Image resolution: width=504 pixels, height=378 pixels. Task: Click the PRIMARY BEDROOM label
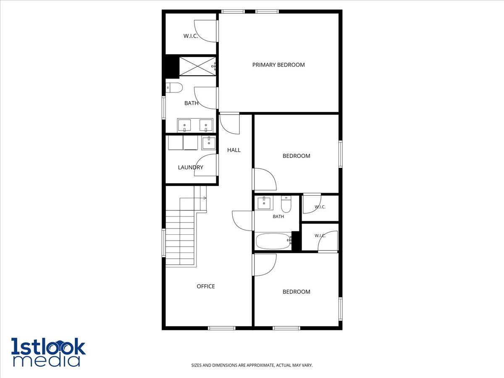[x=278, y=65]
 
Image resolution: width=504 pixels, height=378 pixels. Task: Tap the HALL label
[x=234, y=150]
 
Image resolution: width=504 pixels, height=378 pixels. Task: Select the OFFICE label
[x=206, y=286]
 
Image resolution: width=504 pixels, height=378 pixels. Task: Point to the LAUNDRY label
[x=190, y=168]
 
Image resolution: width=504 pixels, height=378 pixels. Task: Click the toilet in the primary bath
[x=174, y=88]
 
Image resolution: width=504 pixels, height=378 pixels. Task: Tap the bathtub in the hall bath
[x=273, y=241]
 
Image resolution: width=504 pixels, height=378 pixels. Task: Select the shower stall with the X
[x=198, y=66]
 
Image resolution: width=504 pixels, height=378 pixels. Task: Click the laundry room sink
[x=209, y=143]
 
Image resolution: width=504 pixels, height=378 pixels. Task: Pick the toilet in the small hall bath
[x=286, y=204]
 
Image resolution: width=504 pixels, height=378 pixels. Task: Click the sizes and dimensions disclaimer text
[x=252, y=365]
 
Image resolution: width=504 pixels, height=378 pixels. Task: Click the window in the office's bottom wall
[x=222, y=328]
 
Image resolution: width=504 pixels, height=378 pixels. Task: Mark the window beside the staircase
[x=164, y=243]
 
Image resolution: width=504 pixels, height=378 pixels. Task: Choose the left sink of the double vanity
[x=184, y=126]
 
